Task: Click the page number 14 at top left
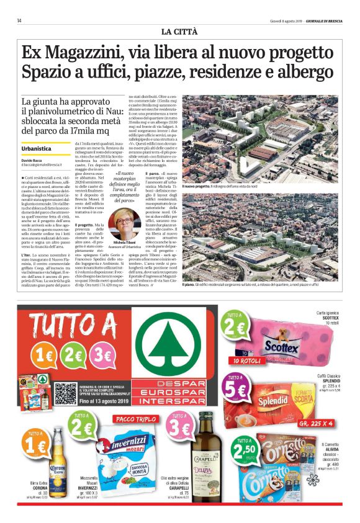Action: (x=20, y=20)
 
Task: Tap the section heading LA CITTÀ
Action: (x=180, y=30)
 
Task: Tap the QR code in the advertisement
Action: (x=65, y=393)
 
